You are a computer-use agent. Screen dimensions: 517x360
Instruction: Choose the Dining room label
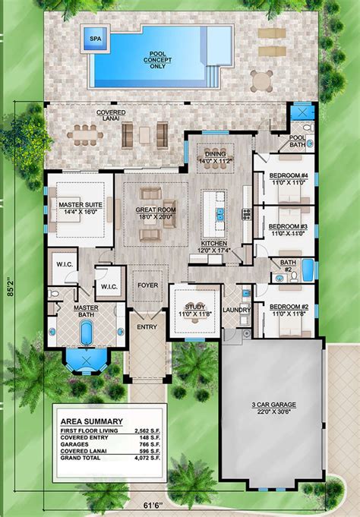tap(219, 156)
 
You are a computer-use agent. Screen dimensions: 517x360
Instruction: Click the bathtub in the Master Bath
tap(87, 332)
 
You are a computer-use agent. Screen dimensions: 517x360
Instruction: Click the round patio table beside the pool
tap(262, 80)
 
